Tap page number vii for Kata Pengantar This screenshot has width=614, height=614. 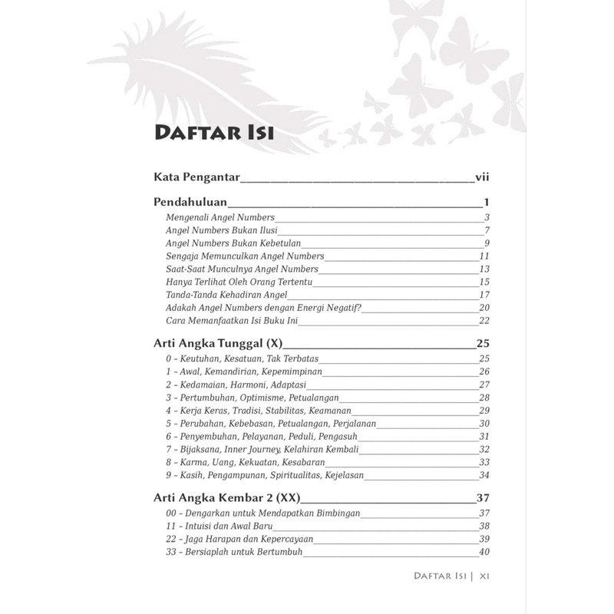click(x=482, y=178)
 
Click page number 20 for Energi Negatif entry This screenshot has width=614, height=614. click(x=484, y=308)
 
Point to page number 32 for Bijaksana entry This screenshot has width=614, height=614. click(x=484, y=449)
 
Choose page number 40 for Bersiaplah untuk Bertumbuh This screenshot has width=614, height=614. click(x=484, y=552)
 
